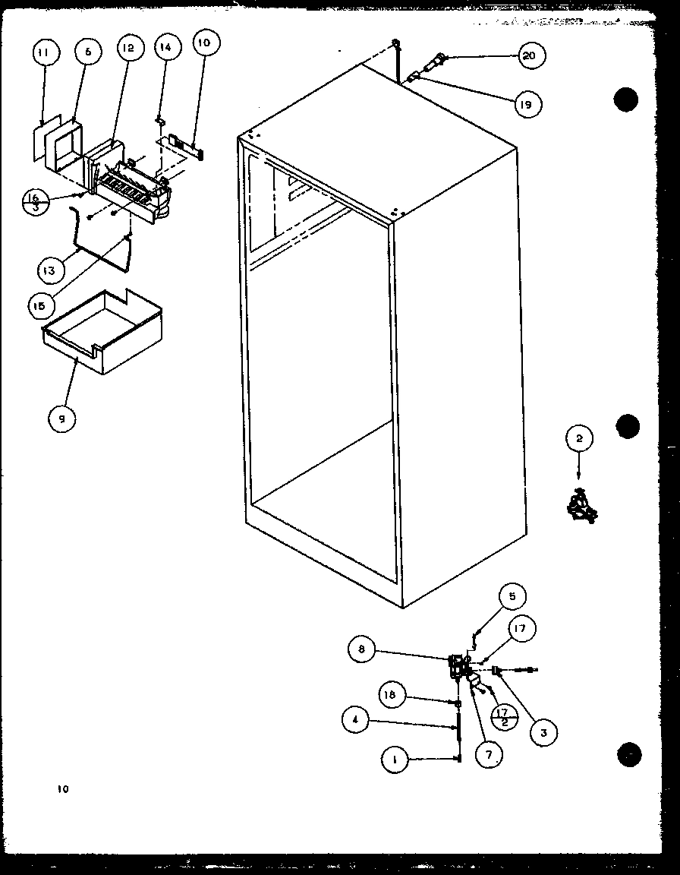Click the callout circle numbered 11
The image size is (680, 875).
pos(43,54)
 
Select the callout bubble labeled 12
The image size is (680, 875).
pos(127,47)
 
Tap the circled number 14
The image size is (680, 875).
pos(165,47)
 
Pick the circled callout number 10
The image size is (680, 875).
pos(203,43)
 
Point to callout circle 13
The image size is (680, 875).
pos(48,270)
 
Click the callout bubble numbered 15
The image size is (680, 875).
pos(39,305)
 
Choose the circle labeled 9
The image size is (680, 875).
pos(61,418)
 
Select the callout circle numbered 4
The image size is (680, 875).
pos(356,720)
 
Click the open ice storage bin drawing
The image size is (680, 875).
pos(102,334)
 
